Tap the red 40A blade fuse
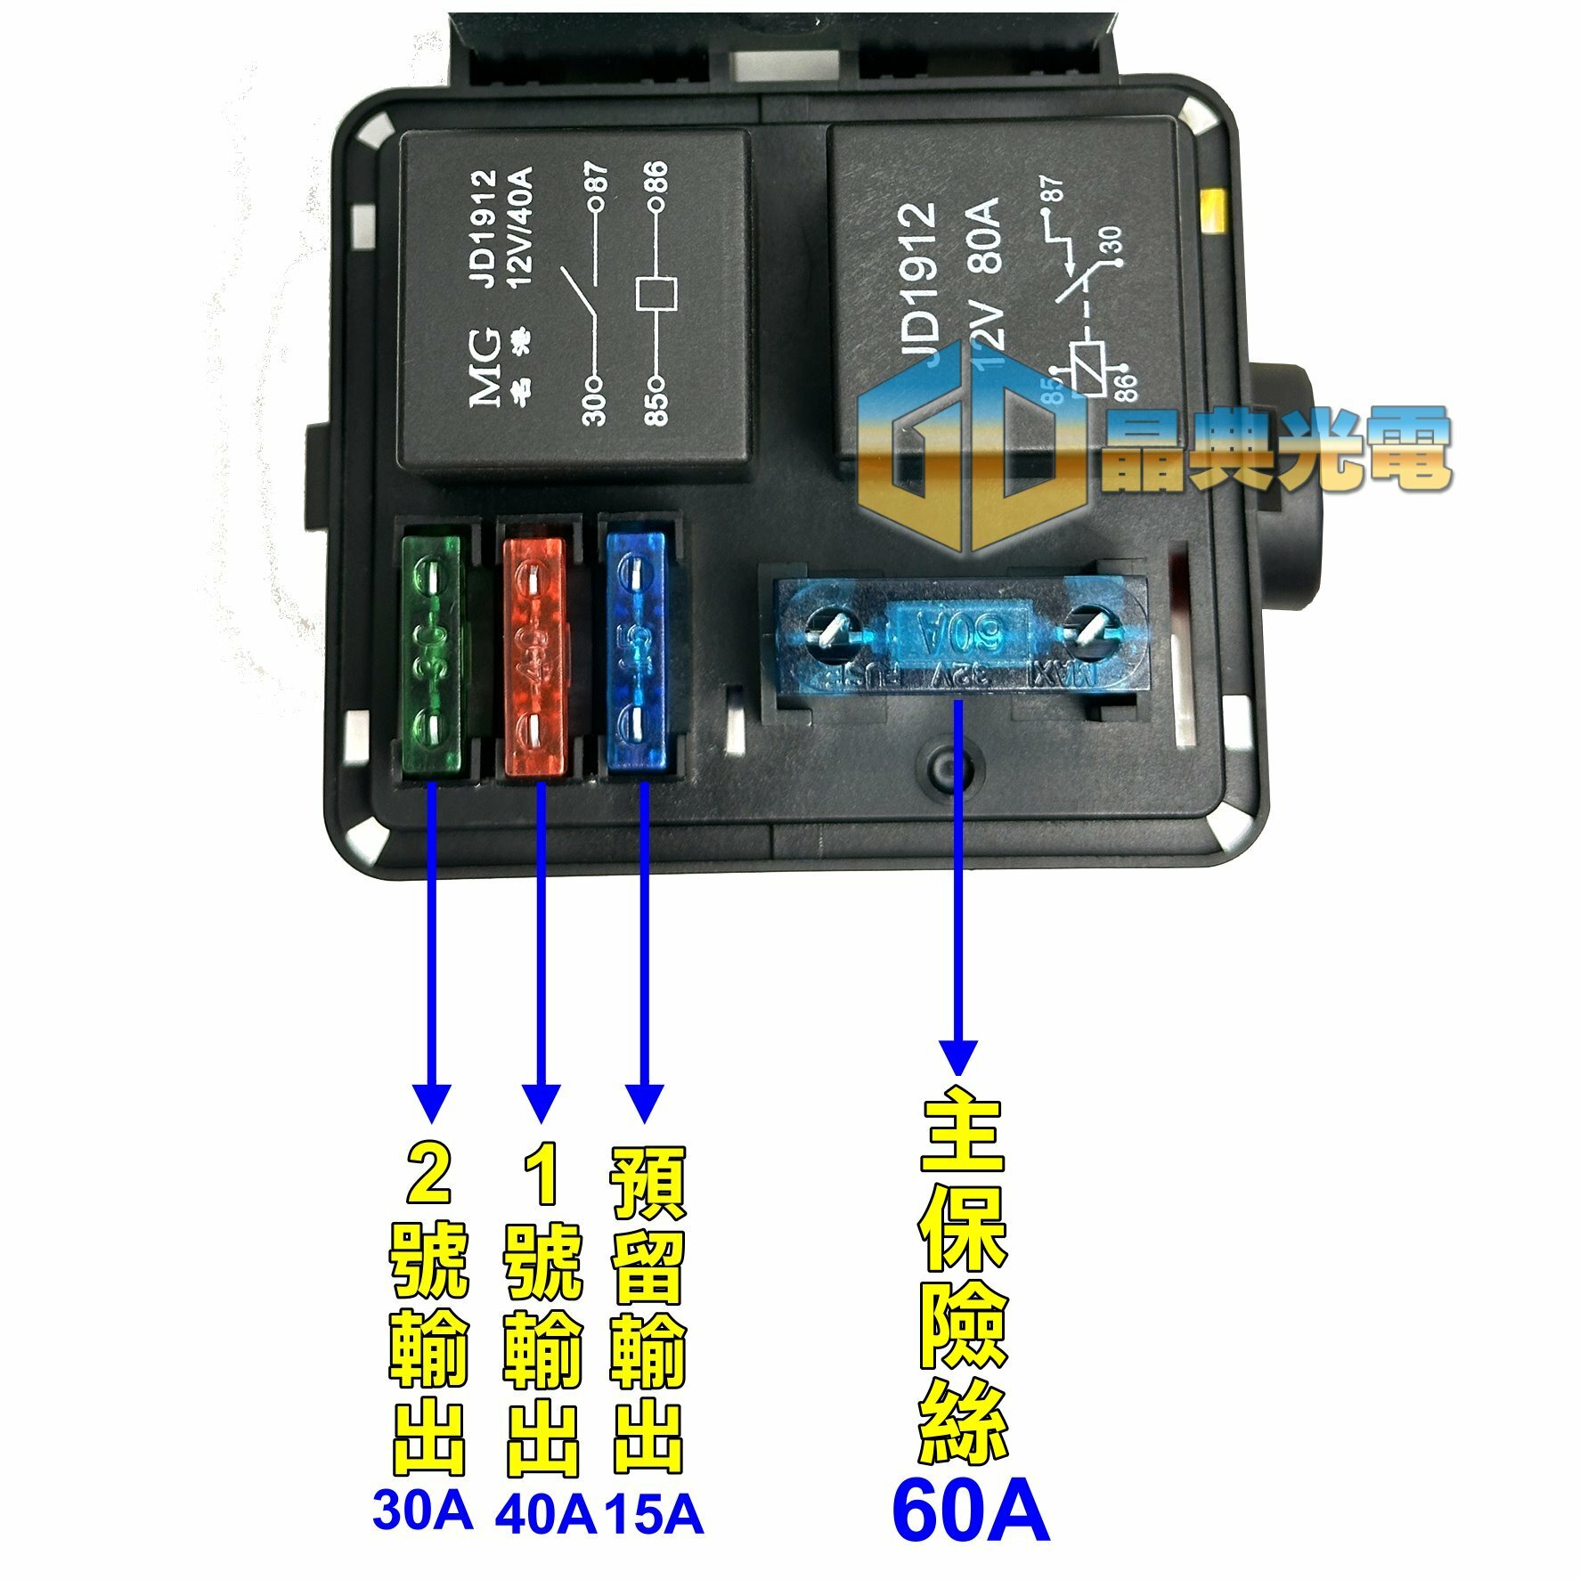534,655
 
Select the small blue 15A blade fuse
636,650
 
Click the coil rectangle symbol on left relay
656,295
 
